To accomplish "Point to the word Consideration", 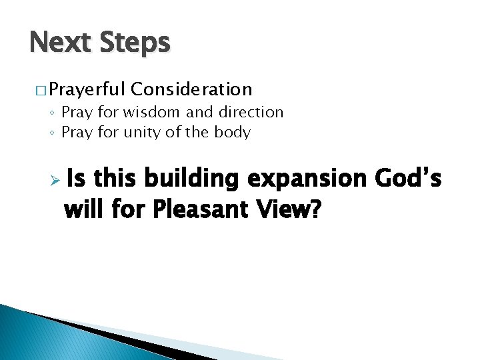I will [192, 89].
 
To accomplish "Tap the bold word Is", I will [77, 179].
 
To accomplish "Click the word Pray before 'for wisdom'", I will [75, 113].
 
